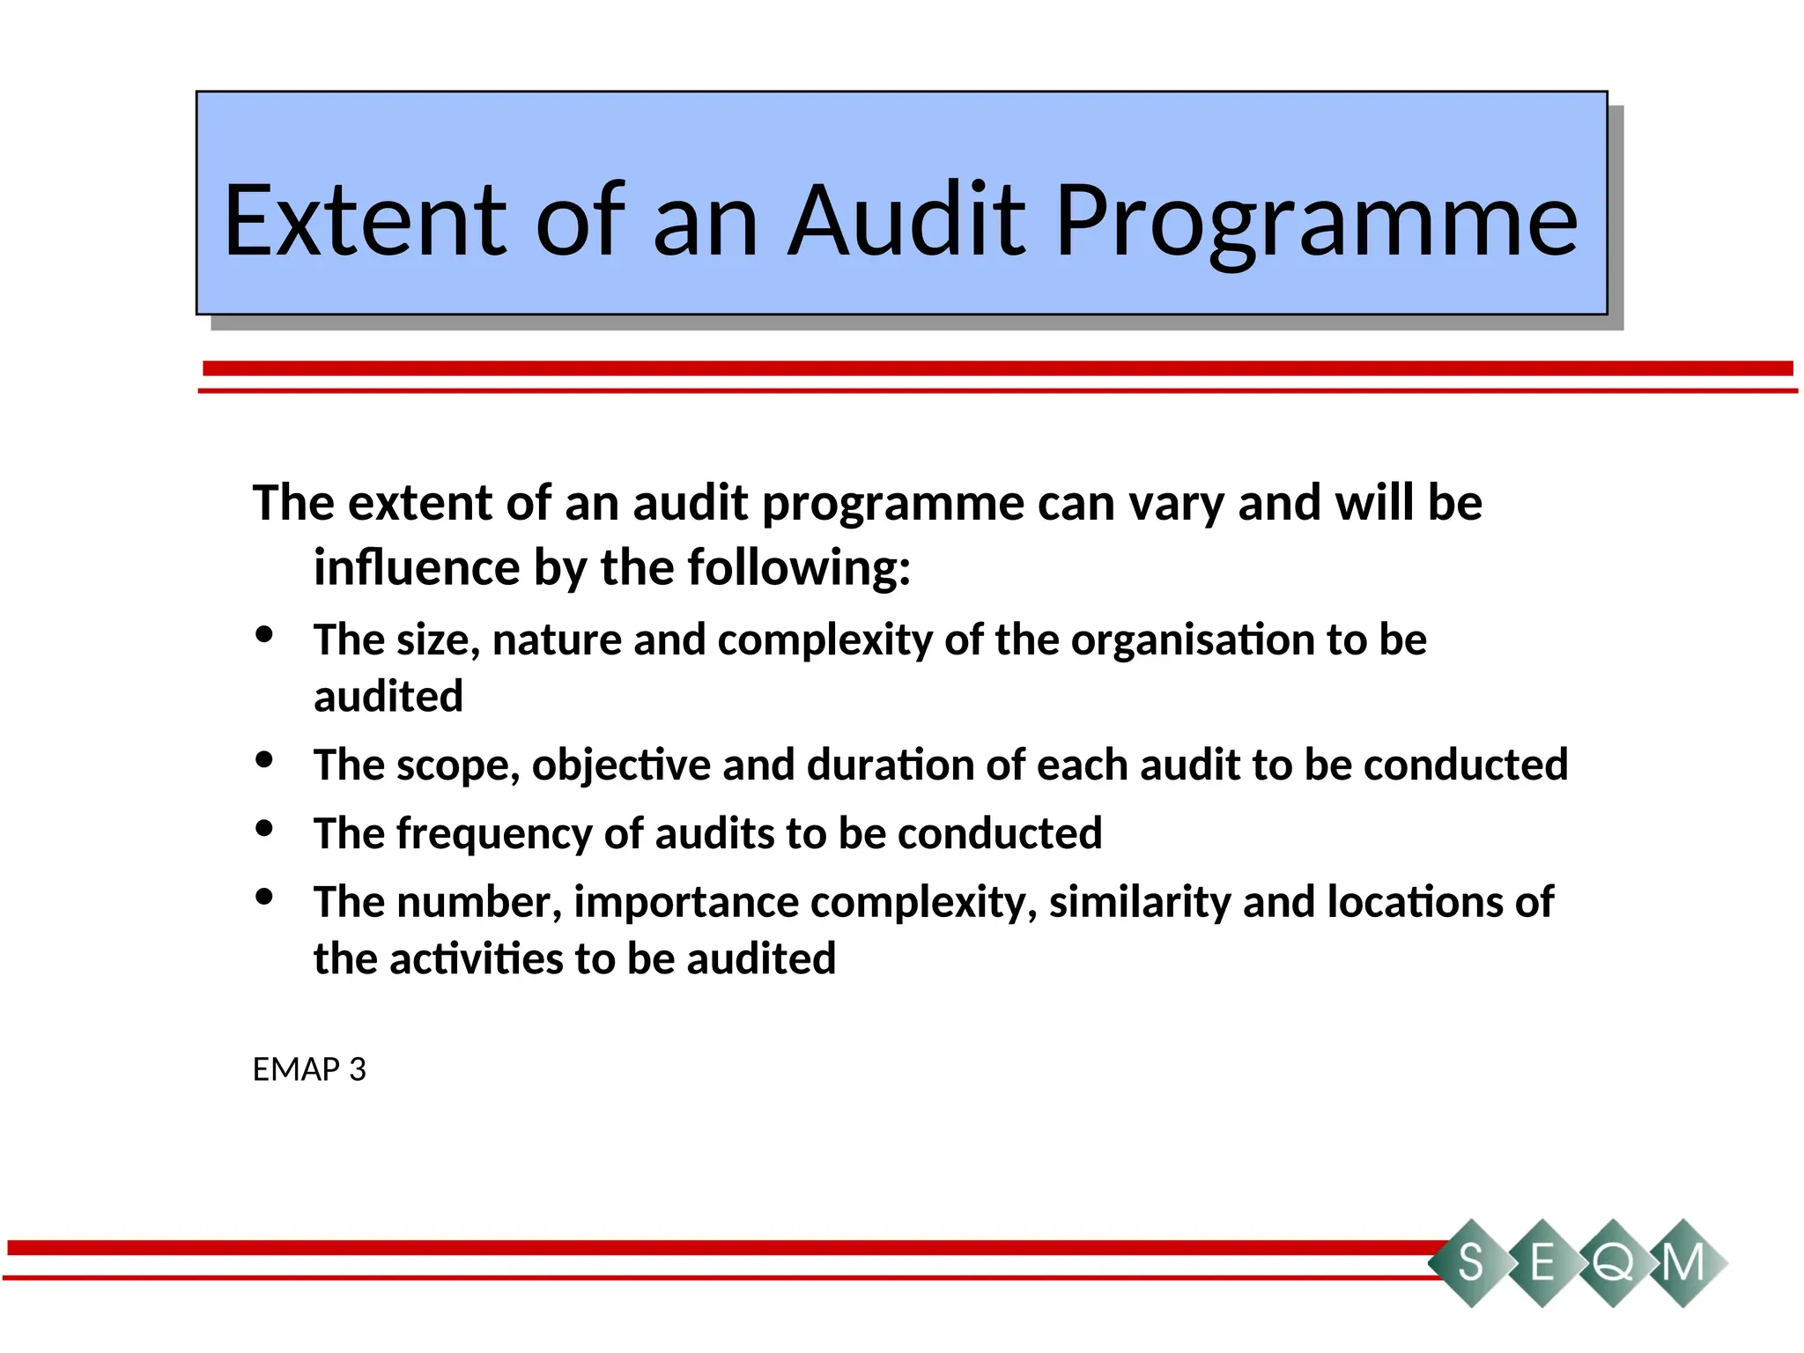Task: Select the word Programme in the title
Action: pyautogui.click(x=1317, y=222)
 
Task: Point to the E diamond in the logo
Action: pyautogui.click(x=1542, y=1263)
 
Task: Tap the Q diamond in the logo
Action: pyautogui.click(x=1613, y=1263)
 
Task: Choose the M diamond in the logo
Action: pyautogui.click(x=1683, y=1263)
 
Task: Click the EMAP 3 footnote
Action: pyautogui.click(x=309, y=1069)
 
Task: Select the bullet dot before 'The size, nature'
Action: pyautogui.click(x=264, y=634)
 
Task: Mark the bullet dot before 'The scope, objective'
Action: pyautogui.click(x=264, y=759)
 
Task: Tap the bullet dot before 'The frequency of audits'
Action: pyautogui.click(x=264, y=828)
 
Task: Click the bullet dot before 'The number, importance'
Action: pyautogui.click(x=264, y=897)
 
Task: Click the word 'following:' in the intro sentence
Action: pyautogui.click(x=799, y=568)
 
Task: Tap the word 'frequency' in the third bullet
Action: pyautogui.click(x=494, y=834)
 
